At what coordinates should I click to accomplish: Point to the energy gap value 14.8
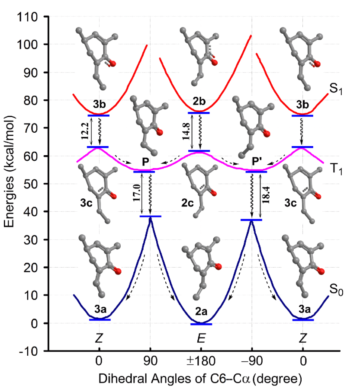pos(186,132)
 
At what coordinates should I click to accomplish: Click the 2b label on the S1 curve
pos(199,103)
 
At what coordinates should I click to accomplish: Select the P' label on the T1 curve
pos(257,162)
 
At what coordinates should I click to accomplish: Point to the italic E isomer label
pos(201,338)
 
